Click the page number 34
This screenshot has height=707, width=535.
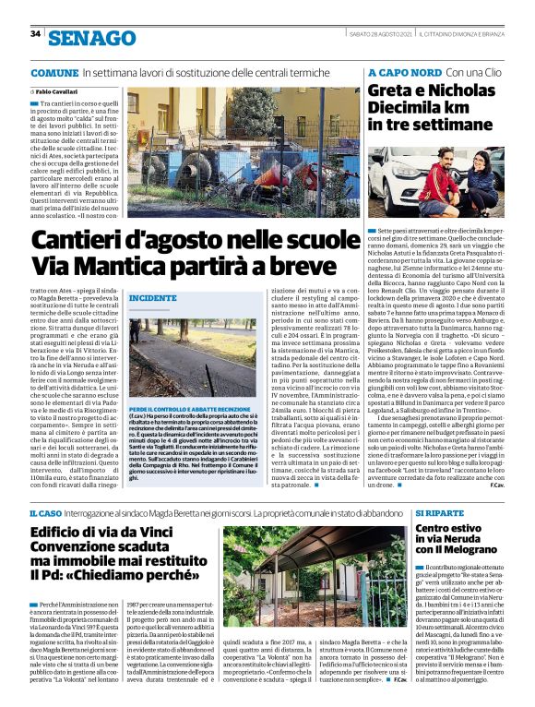tap(35, 34)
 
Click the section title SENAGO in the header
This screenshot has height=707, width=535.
tap(91, 38)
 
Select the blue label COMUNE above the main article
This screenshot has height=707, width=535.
tap(53, 72)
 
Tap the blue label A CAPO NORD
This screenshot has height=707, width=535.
tap(404, 72)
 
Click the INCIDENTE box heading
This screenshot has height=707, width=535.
tap(152, 298)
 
